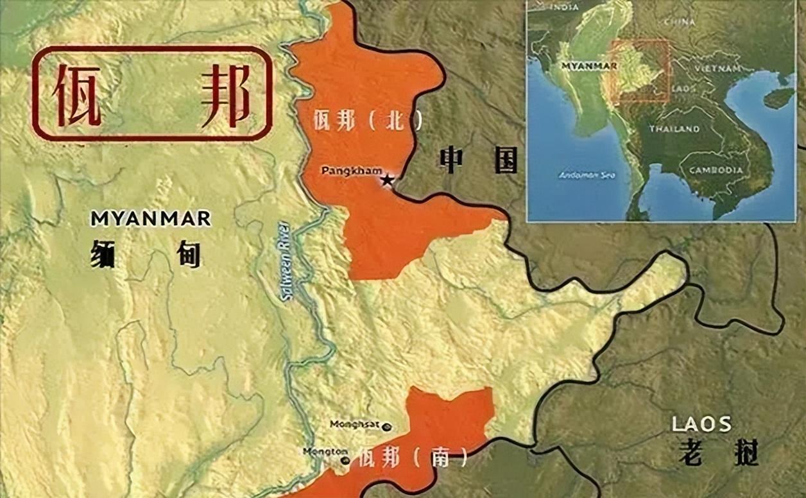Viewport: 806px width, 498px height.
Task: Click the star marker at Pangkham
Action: point(386,180)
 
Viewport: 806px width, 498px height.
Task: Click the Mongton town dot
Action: point(345,460)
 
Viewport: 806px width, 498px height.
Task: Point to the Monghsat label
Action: point(354,424)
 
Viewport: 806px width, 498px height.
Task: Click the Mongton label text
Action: point(325,451)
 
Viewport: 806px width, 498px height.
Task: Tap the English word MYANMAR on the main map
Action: point(150,218)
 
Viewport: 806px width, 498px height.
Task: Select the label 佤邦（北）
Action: point(368,120)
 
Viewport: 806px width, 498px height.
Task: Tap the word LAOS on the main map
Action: point(701,424)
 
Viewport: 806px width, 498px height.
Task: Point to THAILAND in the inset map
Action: point(674,129)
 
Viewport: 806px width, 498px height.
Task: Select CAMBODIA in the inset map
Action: point(716,171)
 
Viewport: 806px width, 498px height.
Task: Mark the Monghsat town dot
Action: point(386,426)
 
